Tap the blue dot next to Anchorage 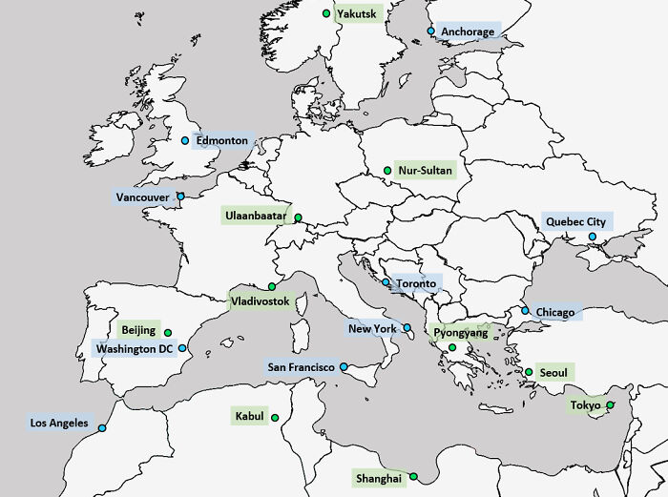coord(431,31)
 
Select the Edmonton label coord(221,140)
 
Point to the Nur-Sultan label coord(426,171)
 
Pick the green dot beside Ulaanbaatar coord(298,217)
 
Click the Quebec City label coord(575,221)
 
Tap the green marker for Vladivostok coord(272,286)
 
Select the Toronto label coord(416,283)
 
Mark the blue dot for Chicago coord(524,310)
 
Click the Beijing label coord(138,330)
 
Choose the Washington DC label coord(135,348)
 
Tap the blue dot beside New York coord(407,328)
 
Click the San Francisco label coord(302,366)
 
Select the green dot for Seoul coord(529,372)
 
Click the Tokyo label coord(586,405)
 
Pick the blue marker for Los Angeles coord(102,427)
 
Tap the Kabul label coord(249,416)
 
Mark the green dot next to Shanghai coord(413,476)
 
